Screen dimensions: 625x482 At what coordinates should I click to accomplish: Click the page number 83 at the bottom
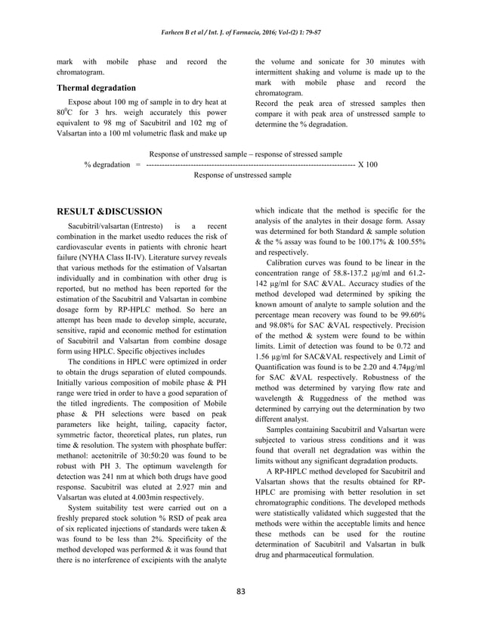click(241, 590)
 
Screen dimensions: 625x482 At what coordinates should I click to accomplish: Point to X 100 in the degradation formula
click(367, 164)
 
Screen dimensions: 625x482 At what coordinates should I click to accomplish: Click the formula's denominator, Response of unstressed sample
click(243, 175)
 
